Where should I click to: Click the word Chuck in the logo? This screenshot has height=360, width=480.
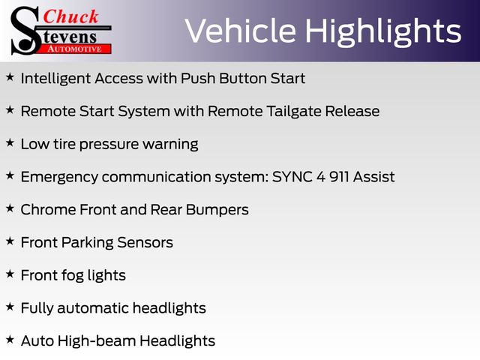tap(70, 16)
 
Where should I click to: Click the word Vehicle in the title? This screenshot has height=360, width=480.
tap(241, 31)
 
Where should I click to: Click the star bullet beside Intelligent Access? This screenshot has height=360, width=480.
tap(10, 76)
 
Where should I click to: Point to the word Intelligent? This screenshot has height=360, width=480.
tap(56, 79)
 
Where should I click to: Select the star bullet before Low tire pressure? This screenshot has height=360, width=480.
tap(10, 142)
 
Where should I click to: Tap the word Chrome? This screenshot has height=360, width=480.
tap(48, 210)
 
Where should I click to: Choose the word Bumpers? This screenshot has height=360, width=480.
tap(217, 210)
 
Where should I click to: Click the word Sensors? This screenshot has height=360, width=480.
tap(145, 242)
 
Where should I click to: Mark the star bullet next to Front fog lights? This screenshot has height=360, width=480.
tap(10, 274)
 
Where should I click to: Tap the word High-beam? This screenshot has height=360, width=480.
tap(97, 340)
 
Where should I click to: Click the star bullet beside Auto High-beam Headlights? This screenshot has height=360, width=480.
tap(10, 339)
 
